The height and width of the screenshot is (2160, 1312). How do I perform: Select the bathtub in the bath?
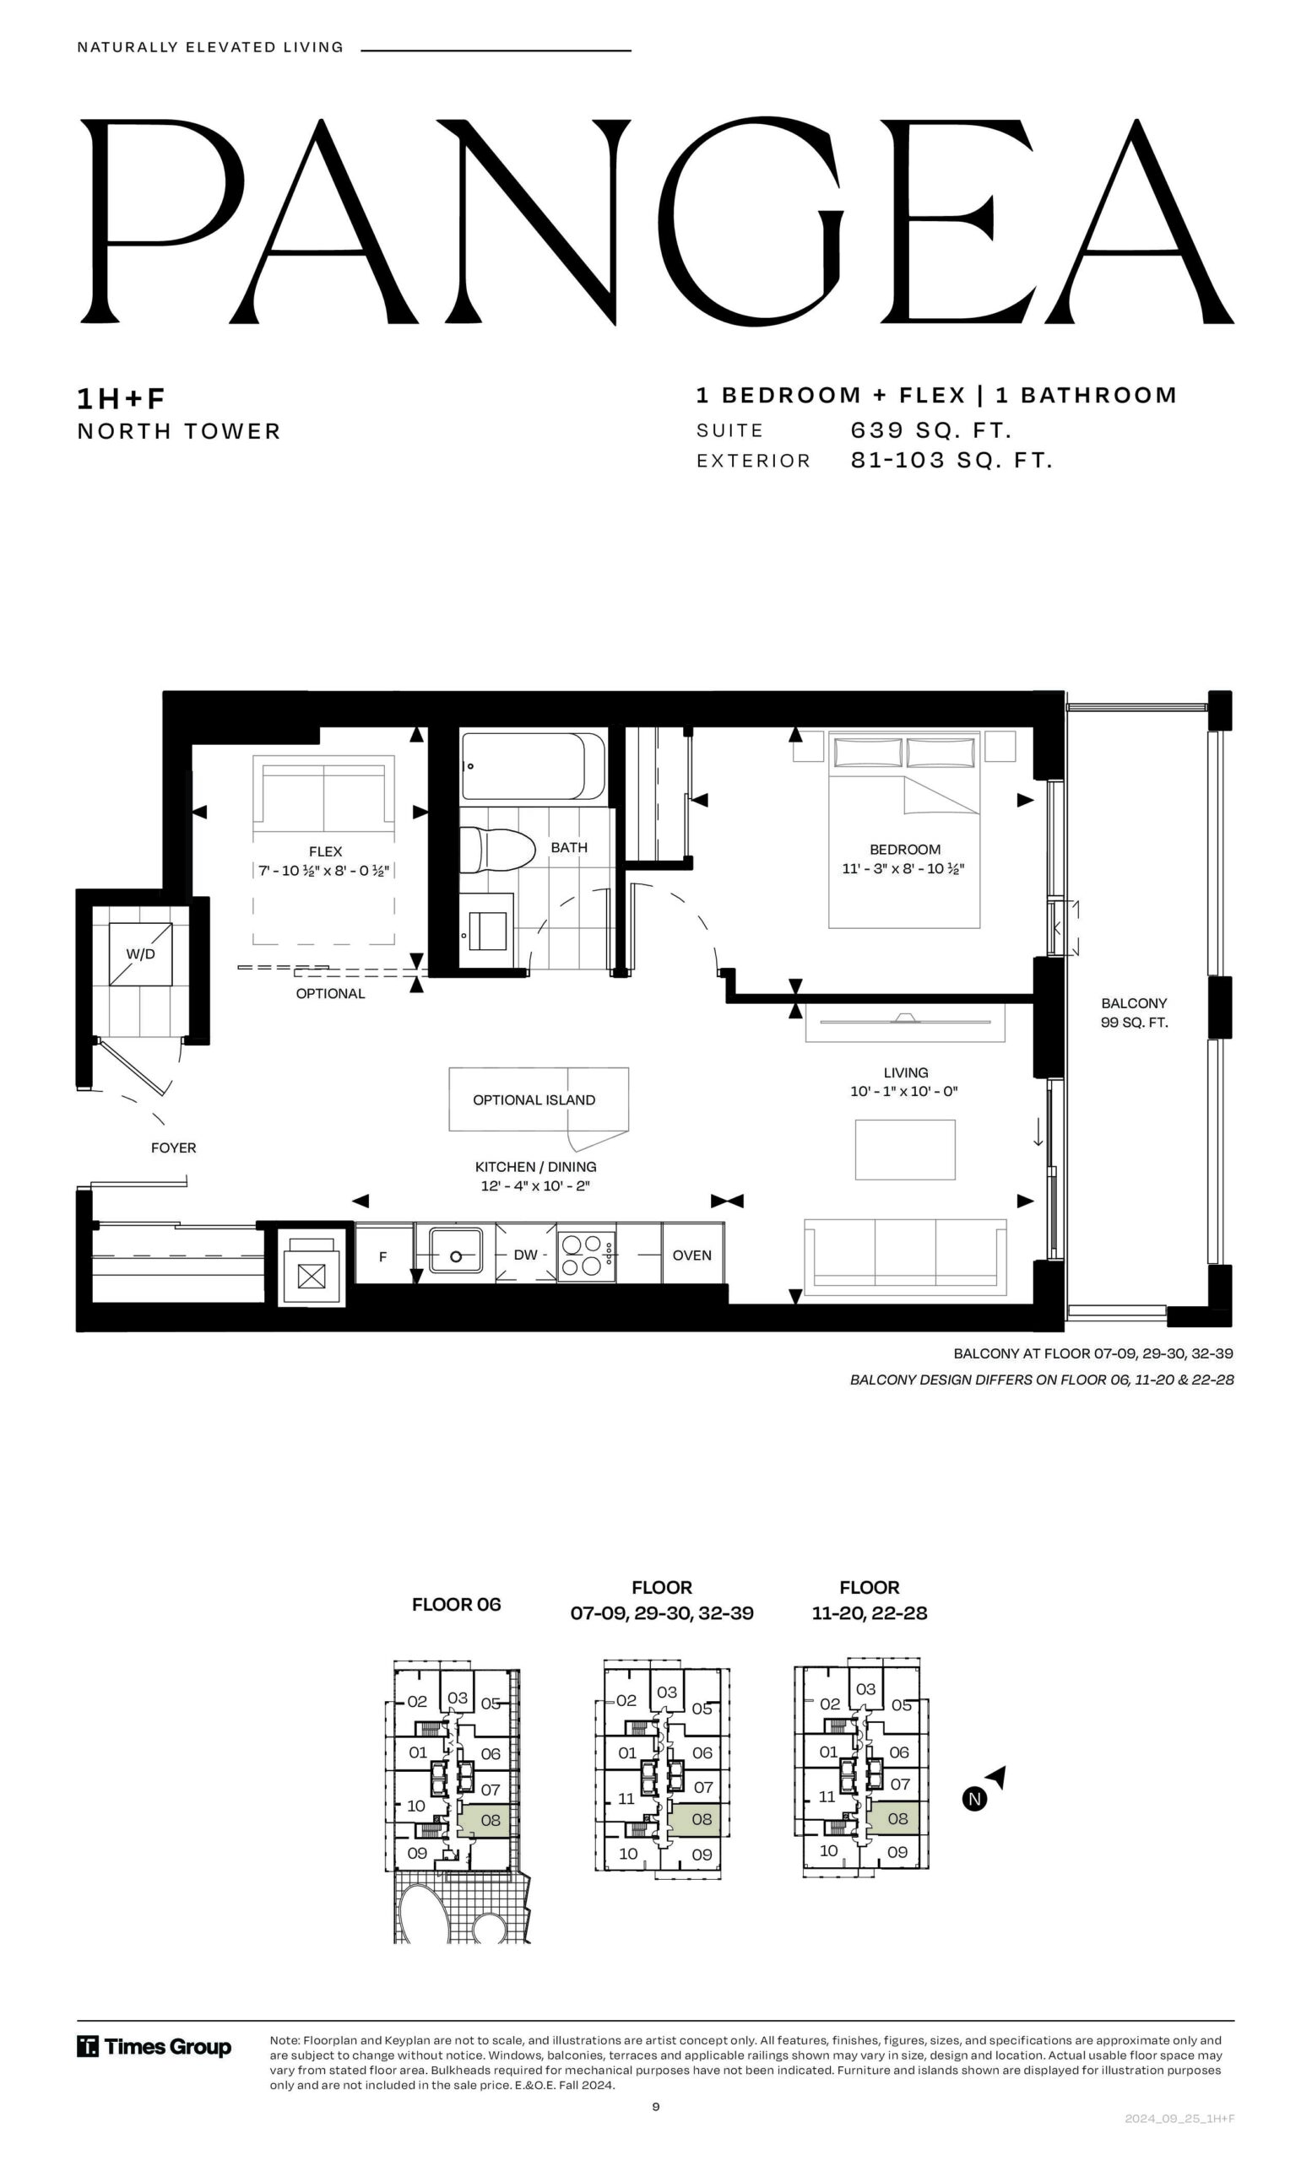point(534,766)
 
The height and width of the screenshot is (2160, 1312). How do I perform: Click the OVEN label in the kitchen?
point(691,1255)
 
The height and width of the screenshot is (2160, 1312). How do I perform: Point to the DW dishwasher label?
point(525,1255)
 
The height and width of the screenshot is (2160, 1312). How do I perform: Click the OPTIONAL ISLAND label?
point(534,1100)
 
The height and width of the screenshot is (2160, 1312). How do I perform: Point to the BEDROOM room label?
point(905,850)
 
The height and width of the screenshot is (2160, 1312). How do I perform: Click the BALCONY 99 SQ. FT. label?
point(1134,1012)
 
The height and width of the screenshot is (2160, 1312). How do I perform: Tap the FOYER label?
point(174,1147)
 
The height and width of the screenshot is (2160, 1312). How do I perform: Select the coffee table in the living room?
point(905,1149)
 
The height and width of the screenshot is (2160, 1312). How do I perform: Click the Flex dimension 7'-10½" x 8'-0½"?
point(323,871)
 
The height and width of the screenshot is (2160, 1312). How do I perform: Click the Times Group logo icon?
point(88,2047)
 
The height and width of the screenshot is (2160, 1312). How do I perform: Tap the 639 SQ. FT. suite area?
point(931,430)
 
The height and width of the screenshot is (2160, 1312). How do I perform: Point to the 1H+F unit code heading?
point(121,399)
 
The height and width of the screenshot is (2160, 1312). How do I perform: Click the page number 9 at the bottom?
point(656,2107)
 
